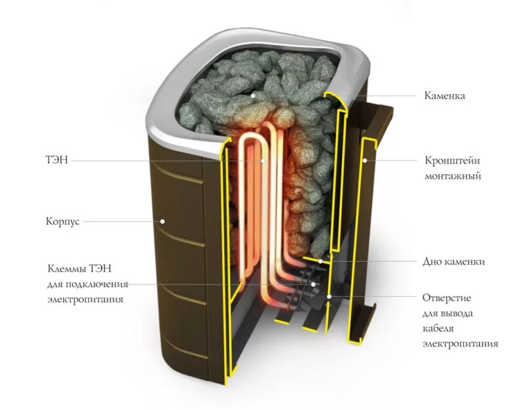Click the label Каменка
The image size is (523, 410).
445,95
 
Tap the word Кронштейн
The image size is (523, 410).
452,160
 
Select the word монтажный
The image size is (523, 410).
452,175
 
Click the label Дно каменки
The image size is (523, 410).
454,262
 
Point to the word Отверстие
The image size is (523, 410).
447,298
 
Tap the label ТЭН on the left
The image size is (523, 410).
56,160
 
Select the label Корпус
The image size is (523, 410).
62,222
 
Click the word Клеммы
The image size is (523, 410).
65,269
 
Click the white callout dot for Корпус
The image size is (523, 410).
163,221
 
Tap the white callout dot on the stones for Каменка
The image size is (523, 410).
253,95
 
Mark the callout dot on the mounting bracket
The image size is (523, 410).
365,160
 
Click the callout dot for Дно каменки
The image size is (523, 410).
320,261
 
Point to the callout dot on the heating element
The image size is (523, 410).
263,161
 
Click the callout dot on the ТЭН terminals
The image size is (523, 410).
313,284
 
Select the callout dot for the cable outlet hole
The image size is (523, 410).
329,296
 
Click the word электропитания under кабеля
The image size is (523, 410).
460,344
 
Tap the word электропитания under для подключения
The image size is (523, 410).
85,299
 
